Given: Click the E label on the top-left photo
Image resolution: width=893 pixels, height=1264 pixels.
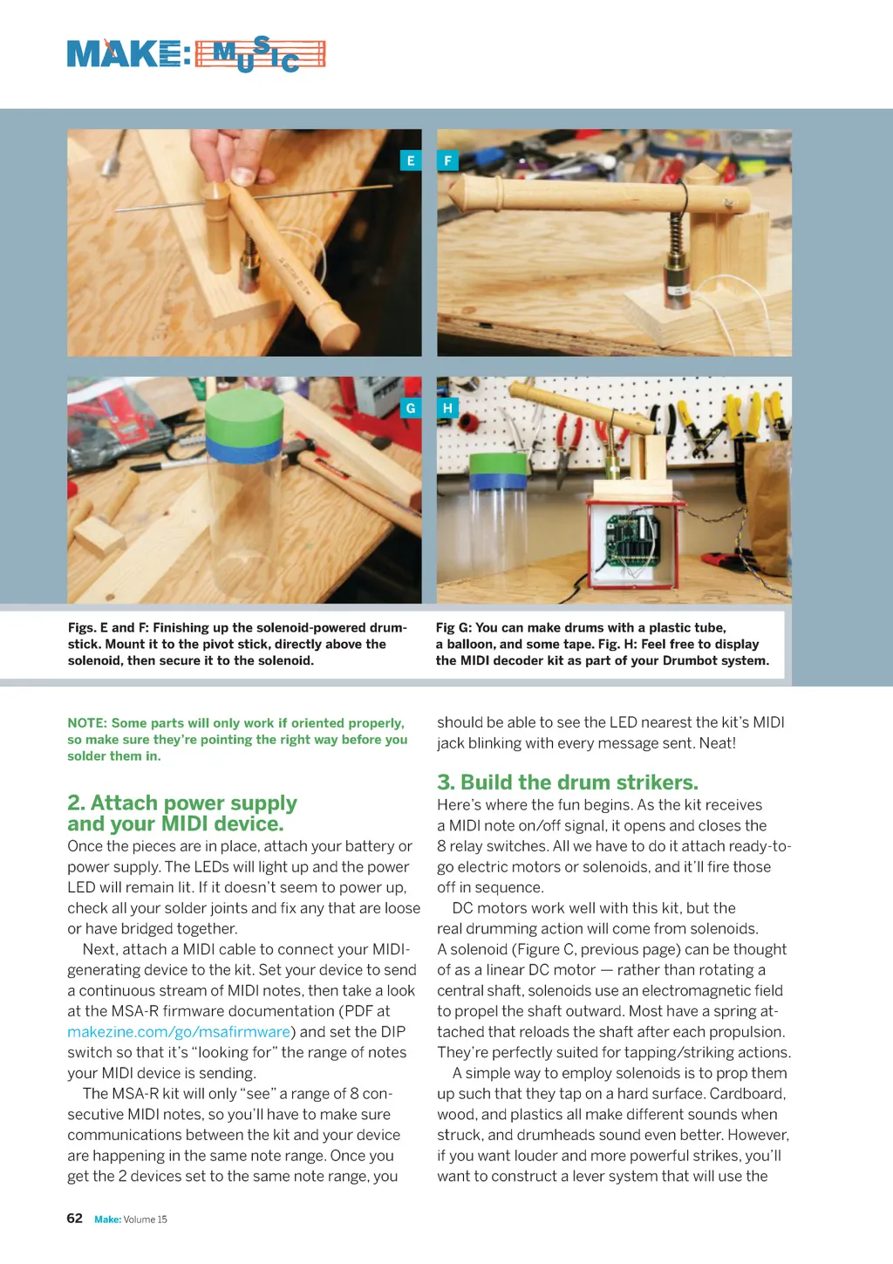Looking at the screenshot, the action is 411,161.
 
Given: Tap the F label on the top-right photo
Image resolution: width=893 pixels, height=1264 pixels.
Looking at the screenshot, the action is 447,161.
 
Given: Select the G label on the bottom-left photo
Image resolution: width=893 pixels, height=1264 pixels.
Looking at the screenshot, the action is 411,408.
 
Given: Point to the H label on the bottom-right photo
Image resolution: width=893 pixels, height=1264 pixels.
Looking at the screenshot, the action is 447,408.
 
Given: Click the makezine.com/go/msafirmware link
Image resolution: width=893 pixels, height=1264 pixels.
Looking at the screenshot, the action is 179,1032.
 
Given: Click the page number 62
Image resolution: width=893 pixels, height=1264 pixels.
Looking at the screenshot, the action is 74,1219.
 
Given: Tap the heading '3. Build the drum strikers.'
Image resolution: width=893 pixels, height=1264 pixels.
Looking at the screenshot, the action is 568,782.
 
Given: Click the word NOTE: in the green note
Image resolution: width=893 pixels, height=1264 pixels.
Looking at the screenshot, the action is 87,723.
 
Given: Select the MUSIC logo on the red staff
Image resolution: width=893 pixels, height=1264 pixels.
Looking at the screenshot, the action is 260,55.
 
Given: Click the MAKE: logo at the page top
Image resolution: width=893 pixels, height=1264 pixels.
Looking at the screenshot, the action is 129,54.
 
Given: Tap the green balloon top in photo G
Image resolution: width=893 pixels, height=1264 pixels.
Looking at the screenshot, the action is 244,415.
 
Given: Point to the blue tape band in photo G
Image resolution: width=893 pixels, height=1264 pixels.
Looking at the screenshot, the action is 243,450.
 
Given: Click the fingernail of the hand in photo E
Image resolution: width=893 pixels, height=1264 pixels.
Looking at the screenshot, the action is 243,176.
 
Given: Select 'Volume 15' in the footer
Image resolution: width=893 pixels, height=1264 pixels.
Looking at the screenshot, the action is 145,1220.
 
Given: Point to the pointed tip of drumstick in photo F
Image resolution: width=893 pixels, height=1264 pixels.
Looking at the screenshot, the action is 450,193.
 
